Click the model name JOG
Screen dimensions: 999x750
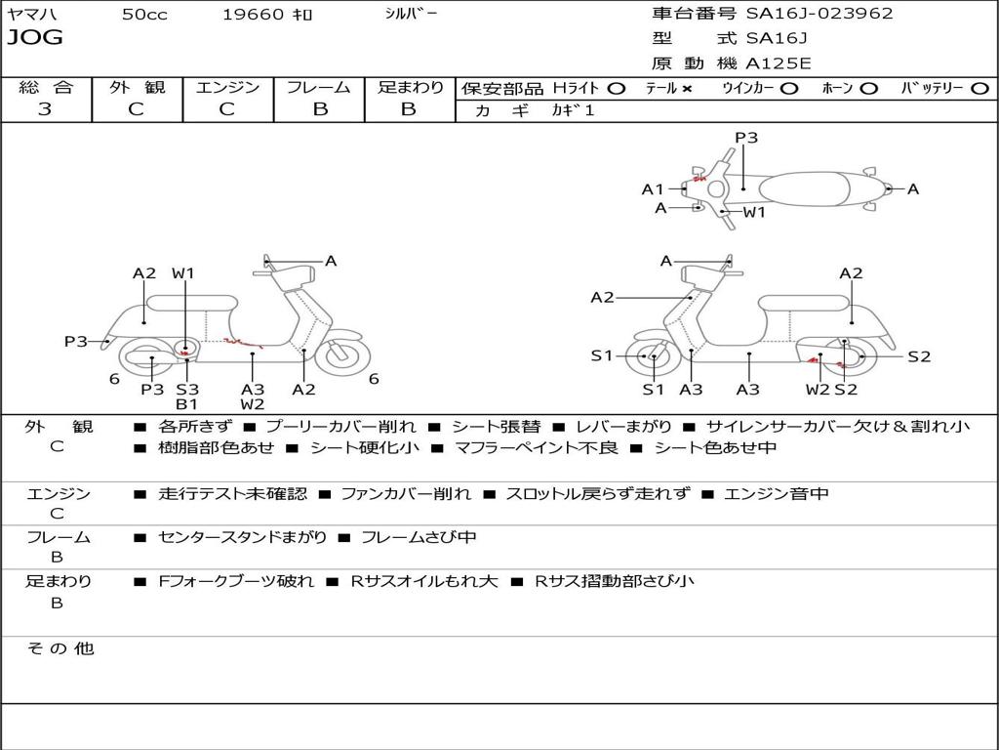coord(35,38)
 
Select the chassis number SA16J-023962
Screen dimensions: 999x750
coord(819,14)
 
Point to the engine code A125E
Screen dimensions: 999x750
coord(779,63)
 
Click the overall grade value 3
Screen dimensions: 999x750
coord(45,109)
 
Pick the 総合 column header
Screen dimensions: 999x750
coord(46,88)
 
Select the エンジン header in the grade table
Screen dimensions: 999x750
coord(227,88)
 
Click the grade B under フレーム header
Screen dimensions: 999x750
coord(320,109)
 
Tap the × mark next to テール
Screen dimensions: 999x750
coord(687,89)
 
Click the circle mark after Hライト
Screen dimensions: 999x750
coord(616,89)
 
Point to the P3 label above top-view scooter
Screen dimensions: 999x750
coord(746,138)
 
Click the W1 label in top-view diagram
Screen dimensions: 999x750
coord(755,212)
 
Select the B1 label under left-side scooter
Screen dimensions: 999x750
coord(187,404)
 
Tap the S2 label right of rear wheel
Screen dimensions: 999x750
coord(919,356)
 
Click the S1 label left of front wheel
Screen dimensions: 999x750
coord(602,355)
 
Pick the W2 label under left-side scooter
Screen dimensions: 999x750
coord(253,404)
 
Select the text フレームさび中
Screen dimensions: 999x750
coord(419,537)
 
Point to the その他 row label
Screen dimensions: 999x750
coord(60,648)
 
